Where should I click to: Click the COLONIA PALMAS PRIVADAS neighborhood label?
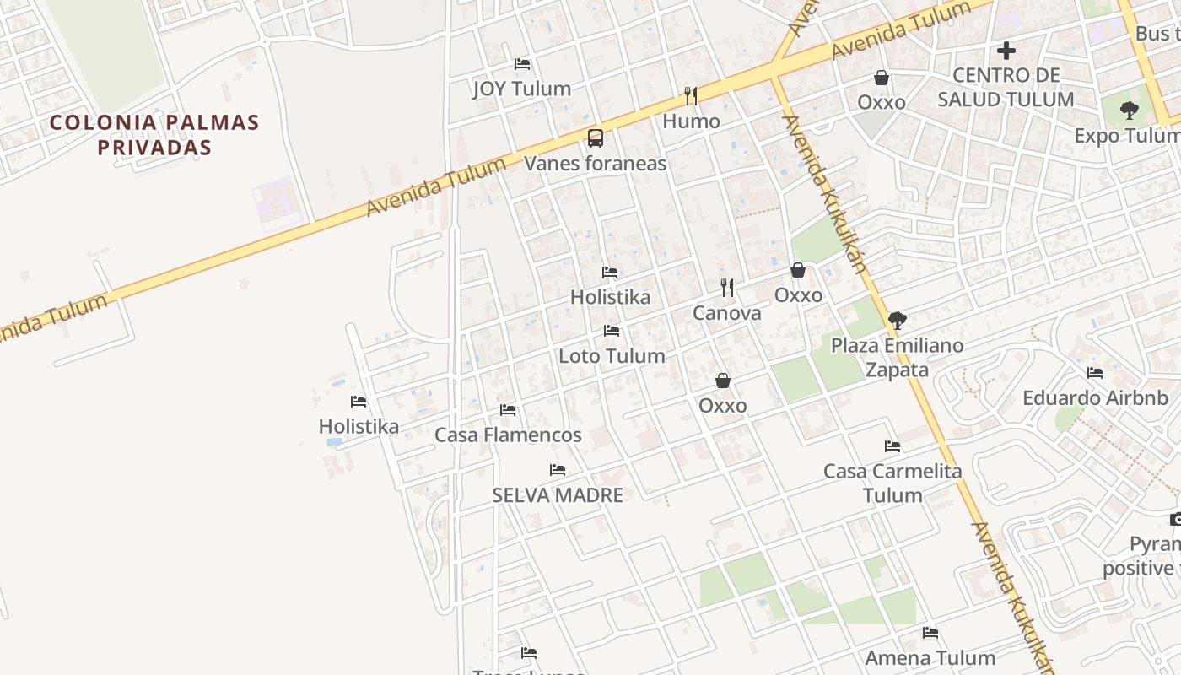click(x=154, y=134)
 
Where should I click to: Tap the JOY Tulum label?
click(x=521, y=89)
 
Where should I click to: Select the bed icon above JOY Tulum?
click(x=522, y=64)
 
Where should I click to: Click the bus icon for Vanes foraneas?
click(x=596, y=138)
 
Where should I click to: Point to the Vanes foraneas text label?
click(x=596, y=164)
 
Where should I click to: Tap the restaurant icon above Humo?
click(x=691, y=96)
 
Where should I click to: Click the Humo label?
click(x=691, y=121)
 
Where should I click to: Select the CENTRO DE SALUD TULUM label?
click(x=1006, y=88)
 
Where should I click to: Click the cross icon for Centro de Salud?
click(x=1006, y=51)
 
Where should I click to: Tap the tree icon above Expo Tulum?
click(x=1129, y=111)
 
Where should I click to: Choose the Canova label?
click(x=726, y=313)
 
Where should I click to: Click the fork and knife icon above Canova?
click(x=727, y=288)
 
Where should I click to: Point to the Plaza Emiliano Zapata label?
click(x=897, y=357)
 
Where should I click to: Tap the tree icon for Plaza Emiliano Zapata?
click(x=898, y=321)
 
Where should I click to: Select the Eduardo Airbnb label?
click(x=1095, y=398)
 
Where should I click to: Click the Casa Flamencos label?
click(x=508, y=435)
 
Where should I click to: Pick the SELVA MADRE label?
click(x=558, y=495)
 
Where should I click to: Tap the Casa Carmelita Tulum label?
click(x=892, y=483)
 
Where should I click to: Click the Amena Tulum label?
click(x=930, y=658)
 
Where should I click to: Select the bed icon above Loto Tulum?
click(x=612, y=331)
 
